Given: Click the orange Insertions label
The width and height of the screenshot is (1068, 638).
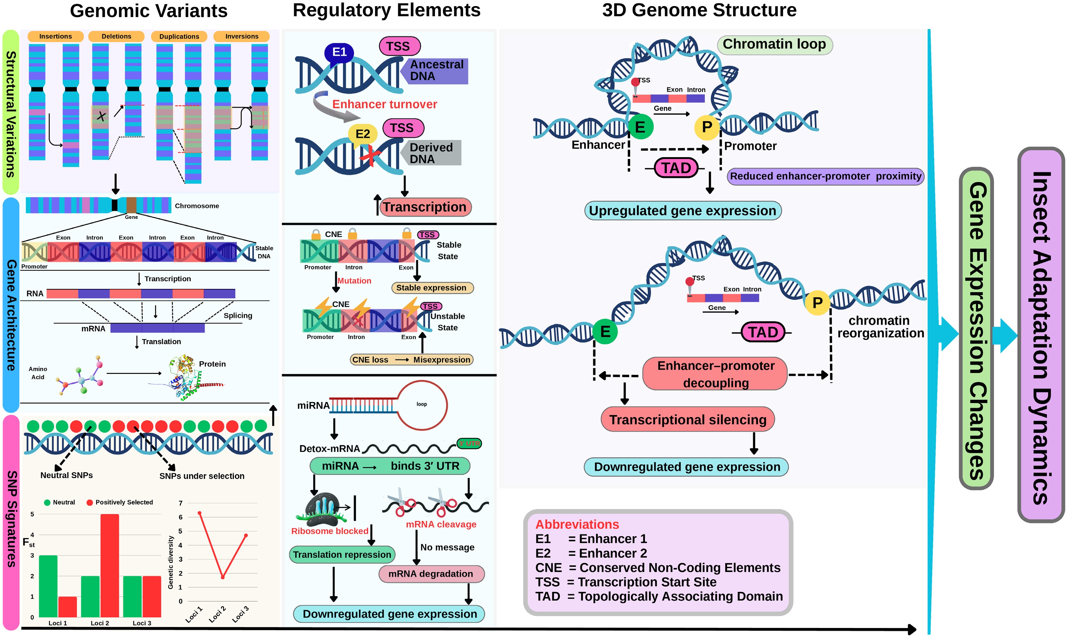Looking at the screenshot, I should (56, 37).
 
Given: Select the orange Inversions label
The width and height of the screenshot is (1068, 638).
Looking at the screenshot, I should (242, 37).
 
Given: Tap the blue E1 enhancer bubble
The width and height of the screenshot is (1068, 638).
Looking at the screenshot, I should (339, 52).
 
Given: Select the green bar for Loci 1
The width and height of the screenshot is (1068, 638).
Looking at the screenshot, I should (48, 586).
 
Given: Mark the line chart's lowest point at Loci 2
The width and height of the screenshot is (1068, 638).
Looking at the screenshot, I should (223, 577).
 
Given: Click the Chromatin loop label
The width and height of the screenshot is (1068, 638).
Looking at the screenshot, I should (774, 44).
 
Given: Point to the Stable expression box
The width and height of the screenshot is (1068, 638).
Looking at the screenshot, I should (432, 288).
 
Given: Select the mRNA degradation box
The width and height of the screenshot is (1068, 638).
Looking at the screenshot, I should (431, 574).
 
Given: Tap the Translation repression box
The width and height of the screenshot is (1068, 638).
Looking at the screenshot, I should (342, 555).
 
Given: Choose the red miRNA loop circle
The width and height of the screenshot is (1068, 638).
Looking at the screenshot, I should (422, 405).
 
